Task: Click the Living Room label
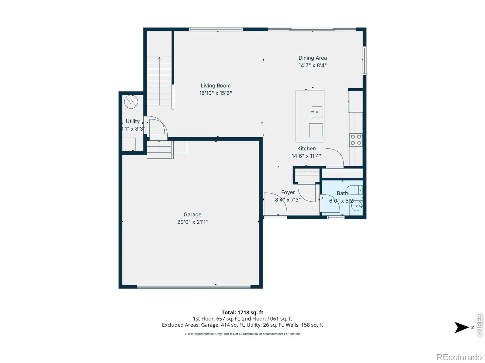pos(216,86)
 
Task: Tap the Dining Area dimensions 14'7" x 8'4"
pos(313,65)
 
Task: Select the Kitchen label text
pos(306,149)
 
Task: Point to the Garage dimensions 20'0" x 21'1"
pos(192,222)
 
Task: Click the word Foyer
pos(288,192)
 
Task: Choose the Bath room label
pos(342,193)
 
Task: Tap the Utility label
pos(132,121)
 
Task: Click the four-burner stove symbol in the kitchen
pos(356,140)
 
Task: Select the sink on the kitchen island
pos(317,112)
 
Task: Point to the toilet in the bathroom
pos(354,190)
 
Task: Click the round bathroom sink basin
pos(356,206)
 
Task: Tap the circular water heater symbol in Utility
pos(131,102)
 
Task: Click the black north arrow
pos(461,327)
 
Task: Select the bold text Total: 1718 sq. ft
pos(242,312)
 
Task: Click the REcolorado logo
pos(459,357)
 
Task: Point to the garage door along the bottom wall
pos(194,287)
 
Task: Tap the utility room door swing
pos(157,127)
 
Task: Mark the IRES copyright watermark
pos(480,325)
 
